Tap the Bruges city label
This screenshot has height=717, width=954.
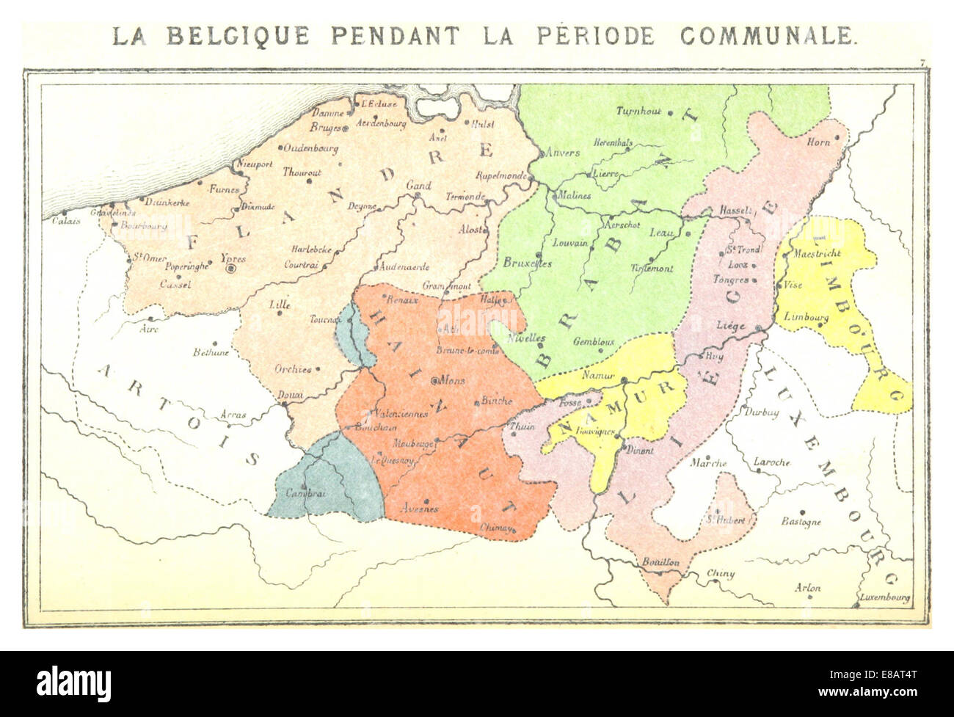pos(326,128)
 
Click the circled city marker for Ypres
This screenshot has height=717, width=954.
pos(231,270)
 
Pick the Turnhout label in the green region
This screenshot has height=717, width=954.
pos(638,112)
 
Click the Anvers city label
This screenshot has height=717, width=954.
pos(563,153)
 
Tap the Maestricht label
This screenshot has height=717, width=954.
pos(817,253)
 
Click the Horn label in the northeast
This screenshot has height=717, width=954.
pos(818,142)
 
